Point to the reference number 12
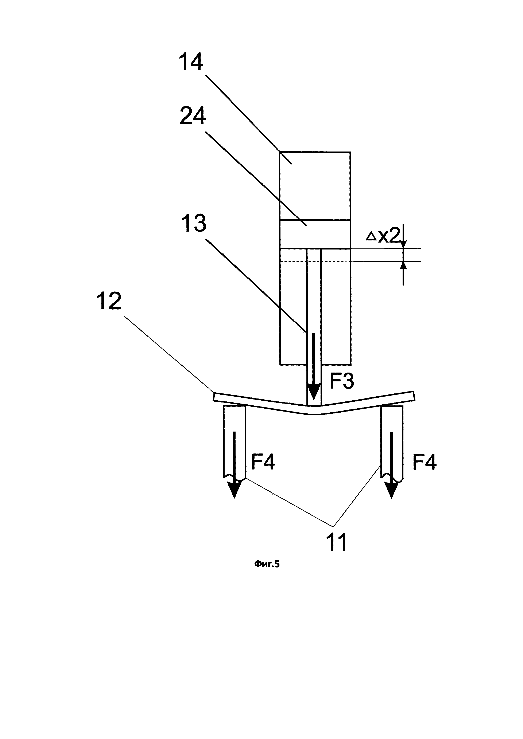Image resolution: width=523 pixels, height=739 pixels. pyautogui.click(x=109, y=301)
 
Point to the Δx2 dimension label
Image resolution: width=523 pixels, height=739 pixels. pyautogui.click(x=382, y=237)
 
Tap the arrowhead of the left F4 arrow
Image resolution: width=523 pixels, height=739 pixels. pyautogui.click(x=234, y=489)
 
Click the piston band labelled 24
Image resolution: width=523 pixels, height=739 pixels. pyautogui.click(x=315, y=234)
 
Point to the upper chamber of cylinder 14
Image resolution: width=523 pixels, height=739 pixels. pyautogui.click(x=315, y=186)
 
